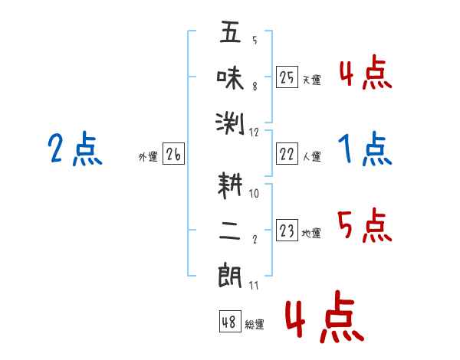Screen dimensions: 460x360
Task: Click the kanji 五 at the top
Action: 230,31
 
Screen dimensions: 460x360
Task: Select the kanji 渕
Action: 230,123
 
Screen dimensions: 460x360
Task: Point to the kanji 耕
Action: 230,185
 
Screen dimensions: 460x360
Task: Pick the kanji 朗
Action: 230,277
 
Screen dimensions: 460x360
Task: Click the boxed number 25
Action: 287,77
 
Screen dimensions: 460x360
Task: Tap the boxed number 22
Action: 287,154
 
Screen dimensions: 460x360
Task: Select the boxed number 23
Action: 287,231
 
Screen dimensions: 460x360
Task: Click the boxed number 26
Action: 173,154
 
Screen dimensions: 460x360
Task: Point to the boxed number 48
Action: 230,322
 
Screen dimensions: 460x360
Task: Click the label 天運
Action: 312,80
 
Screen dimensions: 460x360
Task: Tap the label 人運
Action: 312,156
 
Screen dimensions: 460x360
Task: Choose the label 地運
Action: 311,233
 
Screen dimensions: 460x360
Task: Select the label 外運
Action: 148,156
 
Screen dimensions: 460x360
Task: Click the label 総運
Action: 255,324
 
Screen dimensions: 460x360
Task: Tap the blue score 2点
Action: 75,149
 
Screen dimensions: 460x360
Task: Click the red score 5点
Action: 365,225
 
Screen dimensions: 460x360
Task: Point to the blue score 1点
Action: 365,149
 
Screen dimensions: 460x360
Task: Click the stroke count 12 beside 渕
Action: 254,133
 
